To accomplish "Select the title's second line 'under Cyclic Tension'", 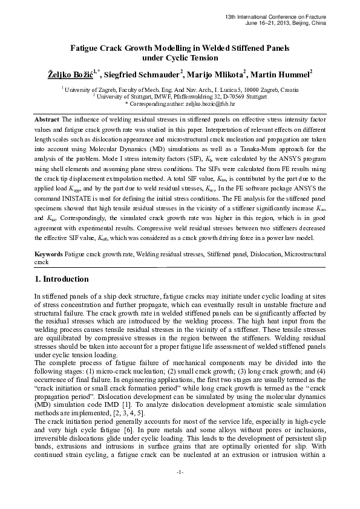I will (180, 58).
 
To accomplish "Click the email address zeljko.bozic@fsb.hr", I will (203, 103).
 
